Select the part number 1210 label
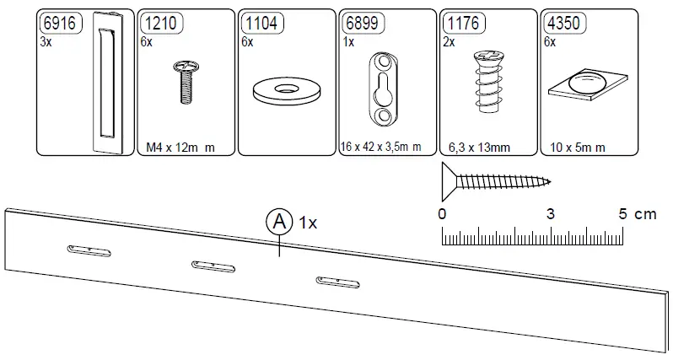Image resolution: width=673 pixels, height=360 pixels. pos(159,24)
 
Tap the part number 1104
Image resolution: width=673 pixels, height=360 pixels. pos(261,24)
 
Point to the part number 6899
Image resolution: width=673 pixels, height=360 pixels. pos(361,24)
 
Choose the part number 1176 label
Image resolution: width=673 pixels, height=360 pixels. pos(462,24)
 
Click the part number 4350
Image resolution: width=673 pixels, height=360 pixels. pos(563,24)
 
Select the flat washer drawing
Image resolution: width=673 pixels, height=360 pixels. pos(288,89)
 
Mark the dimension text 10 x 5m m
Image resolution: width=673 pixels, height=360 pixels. pos(577,148)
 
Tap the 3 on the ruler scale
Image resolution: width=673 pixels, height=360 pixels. pos(550,214)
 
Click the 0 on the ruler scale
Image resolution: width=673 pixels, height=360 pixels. pos(443,214)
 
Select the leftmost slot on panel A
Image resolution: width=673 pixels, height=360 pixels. pos(88,250)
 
